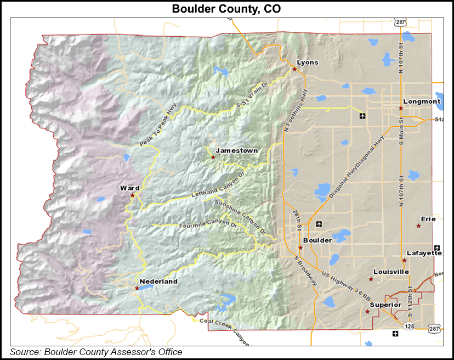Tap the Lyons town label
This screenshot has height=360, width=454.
[307, 62]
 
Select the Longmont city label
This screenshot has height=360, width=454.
[422, 102]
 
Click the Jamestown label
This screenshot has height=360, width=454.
[236, 150]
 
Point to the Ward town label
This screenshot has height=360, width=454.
[130, 188]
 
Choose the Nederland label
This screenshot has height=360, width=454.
[158, 282]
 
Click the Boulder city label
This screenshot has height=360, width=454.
[317, 240]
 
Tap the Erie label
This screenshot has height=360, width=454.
[428, 219]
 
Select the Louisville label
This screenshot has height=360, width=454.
[391, 272]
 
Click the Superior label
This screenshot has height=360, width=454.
[385, 305]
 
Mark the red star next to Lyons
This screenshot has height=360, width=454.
[294, 70]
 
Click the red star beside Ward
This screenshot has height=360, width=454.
[132, 195]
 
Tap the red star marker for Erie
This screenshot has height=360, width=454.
[418, 226]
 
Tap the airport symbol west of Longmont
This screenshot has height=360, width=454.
[362, 116]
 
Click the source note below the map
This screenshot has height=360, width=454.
[96, 352]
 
